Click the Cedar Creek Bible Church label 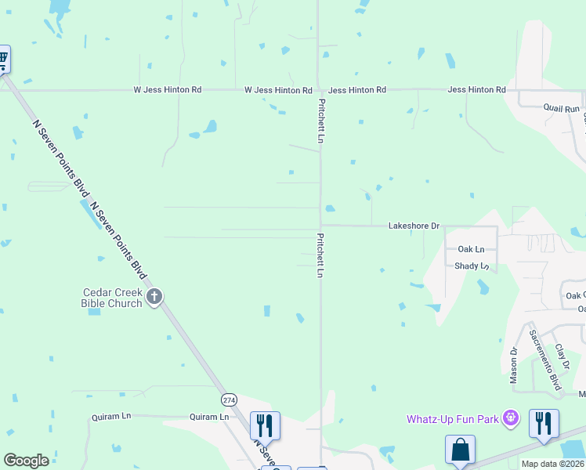[x=113, y=298]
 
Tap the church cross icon [x=154, y=296]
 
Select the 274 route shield [x=229, y=399]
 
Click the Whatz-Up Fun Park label [x=453, y=419]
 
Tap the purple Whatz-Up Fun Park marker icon [x=512, y=418]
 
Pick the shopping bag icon [x=460, y=450]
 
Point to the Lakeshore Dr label [x=414, y=226]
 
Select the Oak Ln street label [x=472, y=249]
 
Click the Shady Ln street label [x=472, y=266]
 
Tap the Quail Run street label [x=562, y=109]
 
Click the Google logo [x=26, y=461]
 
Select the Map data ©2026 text [x=552, y=464]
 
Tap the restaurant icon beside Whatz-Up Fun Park [x=544, y=423]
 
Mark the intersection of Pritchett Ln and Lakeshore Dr [x=320, y=226]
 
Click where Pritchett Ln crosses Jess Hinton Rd [x=319, y=90]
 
